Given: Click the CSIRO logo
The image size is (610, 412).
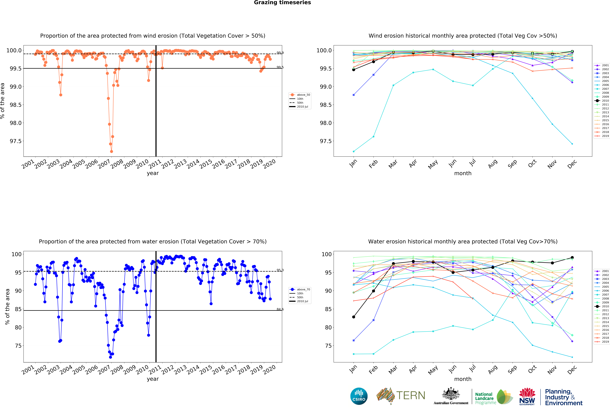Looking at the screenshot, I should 359,396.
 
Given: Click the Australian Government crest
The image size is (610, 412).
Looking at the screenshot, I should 451,394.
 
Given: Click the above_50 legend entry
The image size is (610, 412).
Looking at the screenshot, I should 303,95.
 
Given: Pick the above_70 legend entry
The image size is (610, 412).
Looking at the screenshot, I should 303,289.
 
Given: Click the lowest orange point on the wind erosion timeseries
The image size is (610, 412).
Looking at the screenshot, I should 112,151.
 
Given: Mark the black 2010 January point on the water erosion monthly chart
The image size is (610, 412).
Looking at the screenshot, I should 354,317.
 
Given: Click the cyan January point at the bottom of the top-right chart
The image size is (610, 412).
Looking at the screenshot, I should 354,151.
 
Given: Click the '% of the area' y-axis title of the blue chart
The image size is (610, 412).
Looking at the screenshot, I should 7,307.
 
